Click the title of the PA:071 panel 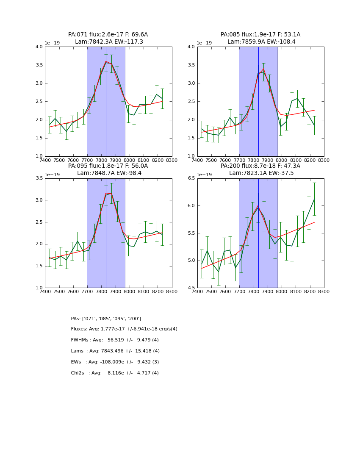pos(108,38)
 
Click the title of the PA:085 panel pos(260,38)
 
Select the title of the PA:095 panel pos(108,169)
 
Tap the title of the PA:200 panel pos(260,169)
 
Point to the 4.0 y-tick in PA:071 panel pos(39,47)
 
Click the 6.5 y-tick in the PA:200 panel pos(191,178)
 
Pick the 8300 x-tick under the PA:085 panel pos(324,160)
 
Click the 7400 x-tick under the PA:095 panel pos(45,291)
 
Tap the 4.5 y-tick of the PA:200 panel pos(191,288)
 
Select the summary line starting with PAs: pos(106,319)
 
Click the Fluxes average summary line pos(124,329)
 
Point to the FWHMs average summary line pos(115,340)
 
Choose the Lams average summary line pos(115,351)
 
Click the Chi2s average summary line pos(115,373)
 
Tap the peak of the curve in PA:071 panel pos(106,62)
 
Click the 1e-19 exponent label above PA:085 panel pos(205,43)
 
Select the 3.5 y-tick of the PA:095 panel pos(39,178)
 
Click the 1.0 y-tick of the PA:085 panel pos(191,156)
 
